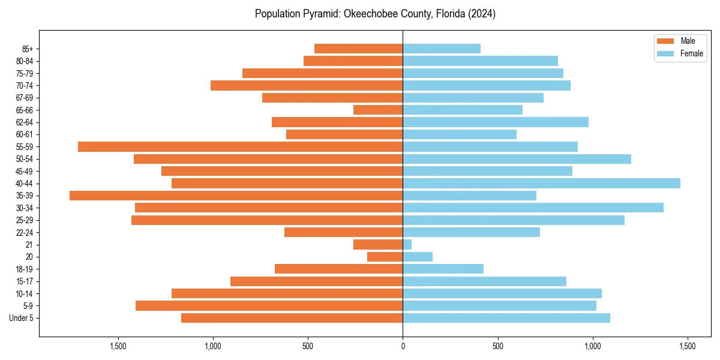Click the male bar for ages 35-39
click(x=236, y=196)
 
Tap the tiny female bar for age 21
click(x=407, y=245)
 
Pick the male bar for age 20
click(x=385, y=257)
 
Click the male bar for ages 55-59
click(x=240, y=146)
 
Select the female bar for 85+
click(x=442, y=49)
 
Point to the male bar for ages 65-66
click(x=378, y=110)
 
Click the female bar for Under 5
click(x=506, y=318)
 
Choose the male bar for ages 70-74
click(x=307, y=85)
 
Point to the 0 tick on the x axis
click(x=403, y=346)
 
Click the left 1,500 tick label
click(x=118, y=346)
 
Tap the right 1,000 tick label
click(x=593, y=346)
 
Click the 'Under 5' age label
click(x=21, y=318)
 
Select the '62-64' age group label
click(x=25, y=122)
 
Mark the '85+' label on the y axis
click(x=27, y=49)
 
